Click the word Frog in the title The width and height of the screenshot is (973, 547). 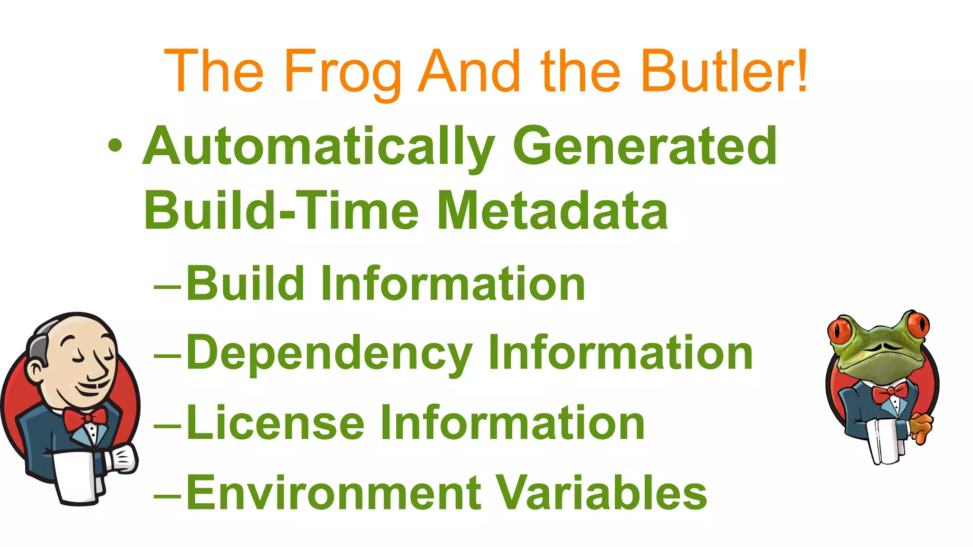342,72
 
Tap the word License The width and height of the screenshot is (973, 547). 275,423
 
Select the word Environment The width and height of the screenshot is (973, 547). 333,492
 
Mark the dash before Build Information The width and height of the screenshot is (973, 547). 167,287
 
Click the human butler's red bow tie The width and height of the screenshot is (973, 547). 85,419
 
